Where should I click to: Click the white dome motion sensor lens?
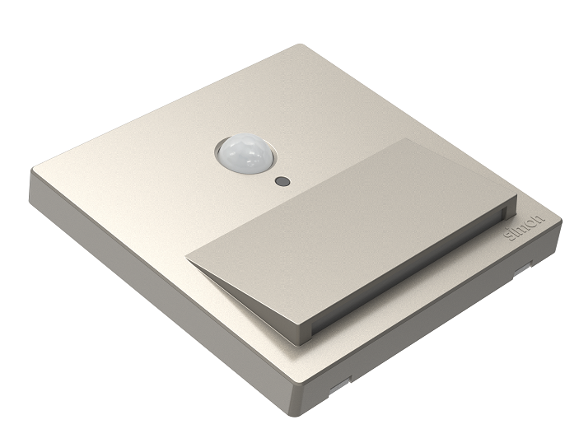246,153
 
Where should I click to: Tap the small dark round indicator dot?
282,181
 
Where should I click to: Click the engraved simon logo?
525,227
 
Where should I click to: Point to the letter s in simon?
511,236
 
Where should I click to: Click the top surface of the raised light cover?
351,229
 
